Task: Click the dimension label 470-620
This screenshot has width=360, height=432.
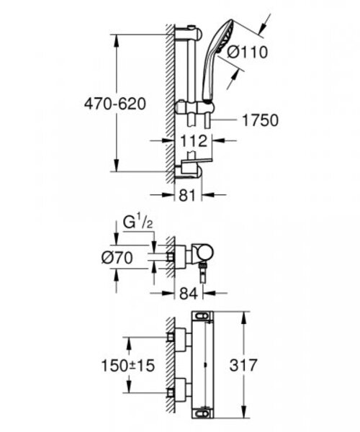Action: (x=115, y=104)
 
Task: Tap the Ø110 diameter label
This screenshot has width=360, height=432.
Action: (x=248, y=52)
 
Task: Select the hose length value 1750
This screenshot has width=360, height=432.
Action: (x=261, y=120)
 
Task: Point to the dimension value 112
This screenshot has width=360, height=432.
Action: (x=194, y=141)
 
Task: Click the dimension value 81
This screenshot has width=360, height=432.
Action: (x=187, y=195)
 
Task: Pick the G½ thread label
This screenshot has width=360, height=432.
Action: (x=138, y=222)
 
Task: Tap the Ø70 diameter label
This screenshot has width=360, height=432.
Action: (x=117, y=258)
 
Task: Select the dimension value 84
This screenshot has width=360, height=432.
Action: (x=189, y=293)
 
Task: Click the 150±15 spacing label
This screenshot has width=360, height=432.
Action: (x=128, y=366)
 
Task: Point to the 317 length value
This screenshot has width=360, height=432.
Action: (x=243, y=365)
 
